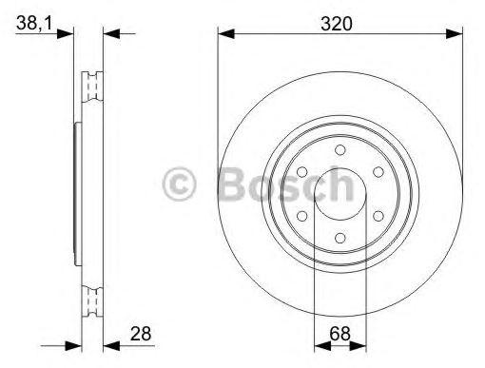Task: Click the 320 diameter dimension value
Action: [337, 24]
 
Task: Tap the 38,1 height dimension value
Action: [34, 23]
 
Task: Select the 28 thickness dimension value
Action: [141, 334]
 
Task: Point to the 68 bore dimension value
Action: [339, 334]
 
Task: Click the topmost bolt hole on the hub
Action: [340, 150]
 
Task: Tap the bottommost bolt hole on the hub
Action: [340, 238]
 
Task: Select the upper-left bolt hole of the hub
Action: [302, 172]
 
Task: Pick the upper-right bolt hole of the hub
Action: [378, 172]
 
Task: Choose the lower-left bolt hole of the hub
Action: [302, 216]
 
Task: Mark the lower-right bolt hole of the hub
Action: [378, 216]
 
